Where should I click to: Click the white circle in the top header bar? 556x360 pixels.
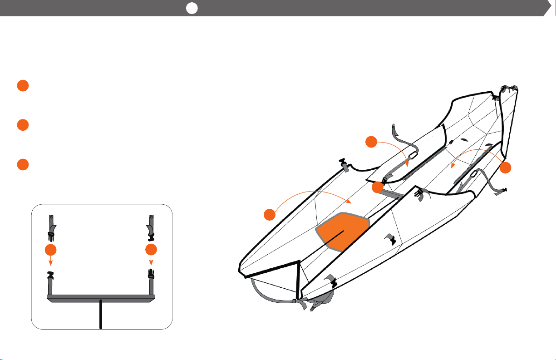point(192,8)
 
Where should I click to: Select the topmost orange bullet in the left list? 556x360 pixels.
point(23,86)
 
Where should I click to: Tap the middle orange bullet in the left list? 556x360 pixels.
point(23,125)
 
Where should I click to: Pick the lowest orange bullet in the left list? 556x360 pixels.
point(23,164)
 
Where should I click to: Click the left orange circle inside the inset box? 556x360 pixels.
point(51,249)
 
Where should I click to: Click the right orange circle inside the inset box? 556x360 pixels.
point(152,249)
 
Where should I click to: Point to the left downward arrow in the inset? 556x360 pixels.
point(51,261)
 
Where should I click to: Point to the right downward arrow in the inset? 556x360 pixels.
point(152,261)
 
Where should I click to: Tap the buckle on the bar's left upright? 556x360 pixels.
point(51,275)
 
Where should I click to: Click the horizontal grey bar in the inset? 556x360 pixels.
point(101,298)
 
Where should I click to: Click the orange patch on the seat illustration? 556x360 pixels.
point(342,232)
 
